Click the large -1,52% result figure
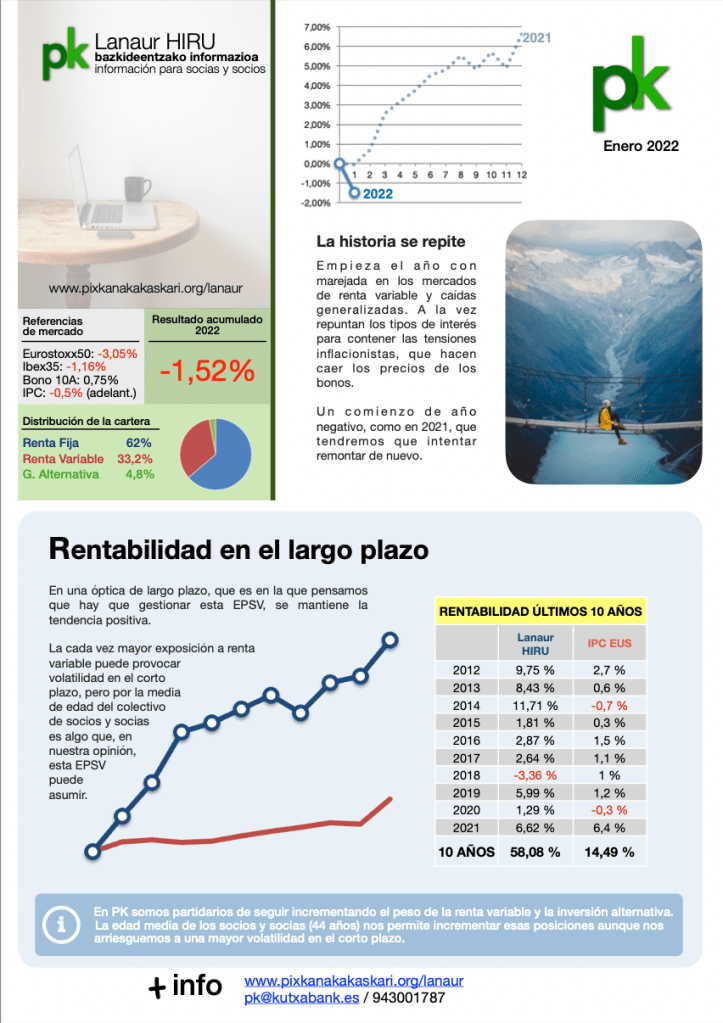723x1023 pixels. pyautogui.click(x=207, y=371)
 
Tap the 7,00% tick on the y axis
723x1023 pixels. pyautogui.click(x=317, y=27)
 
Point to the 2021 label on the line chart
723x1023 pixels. pyautogui.click(x=536, y=38)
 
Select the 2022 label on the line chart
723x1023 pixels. pyautogui.click(x=377, y=194)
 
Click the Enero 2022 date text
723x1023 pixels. pyautogui.click(x=641, y=146)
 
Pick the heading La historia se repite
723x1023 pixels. pyautogui.click(x=390, y=242)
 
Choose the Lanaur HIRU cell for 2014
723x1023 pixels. pyautogui.click(x=537, y=705)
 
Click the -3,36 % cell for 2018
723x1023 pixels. pyautogui.click(x=537, y=776)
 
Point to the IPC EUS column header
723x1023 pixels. pyautogui.click(x=608, y=643)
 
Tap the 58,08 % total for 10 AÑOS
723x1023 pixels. pyautogui.click(x=536, y=852)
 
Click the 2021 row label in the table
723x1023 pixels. pyautogui.click(x=467, y=828)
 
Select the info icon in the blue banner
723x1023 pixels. pyautogui.click(x=63, y=925)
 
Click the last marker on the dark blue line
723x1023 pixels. pyautogui.click(x=390, y=640)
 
